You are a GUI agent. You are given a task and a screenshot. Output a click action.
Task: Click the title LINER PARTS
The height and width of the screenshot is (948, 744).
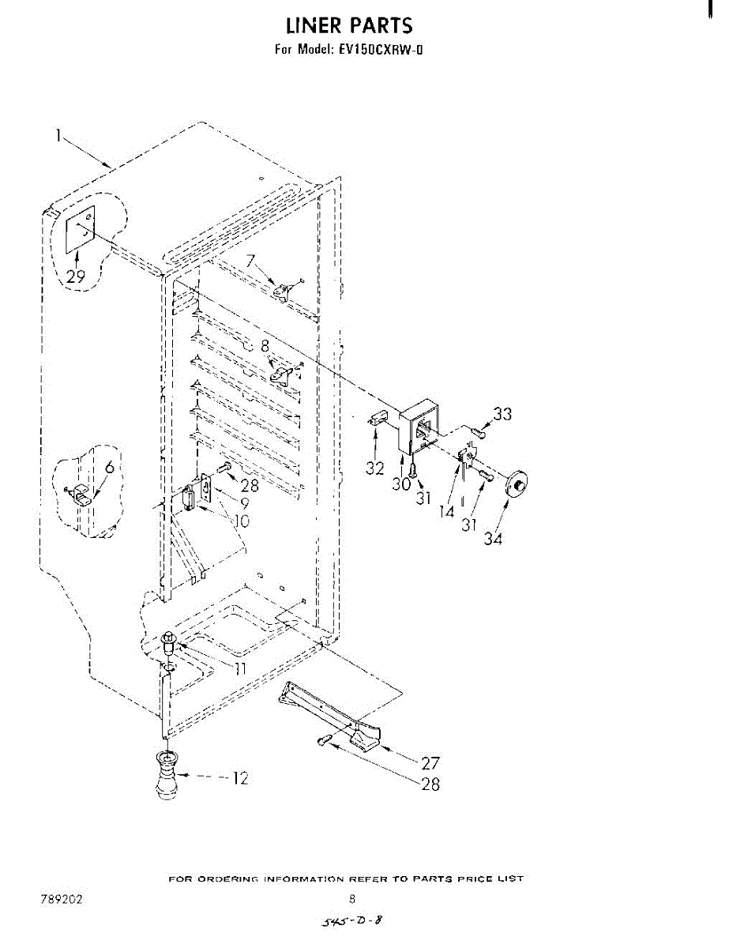pyautogui.click(x=349, y=25)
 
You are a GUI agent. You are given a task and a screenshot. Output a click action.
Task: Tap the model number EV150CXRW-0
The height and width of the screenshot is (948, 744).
pyautogui.click(x=382, y=50)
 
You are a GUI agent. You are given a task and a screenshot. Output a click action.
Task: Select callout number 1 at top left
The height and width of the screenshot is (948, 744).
pyautogui.click(x=58, y=135)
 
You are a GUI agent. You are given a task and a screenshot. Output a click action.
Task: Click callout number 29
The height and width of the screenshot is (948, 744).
pyautogui.click(x=76, y=276)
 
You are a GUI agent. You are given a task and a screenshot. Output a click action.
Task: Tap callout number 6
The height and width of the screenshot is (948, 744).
pyautogui.click(x=109, y=467)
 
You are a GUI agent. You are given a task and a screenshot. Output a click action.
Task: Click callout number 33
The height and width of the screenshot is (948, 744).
pyautogui.click(x=502, y=413)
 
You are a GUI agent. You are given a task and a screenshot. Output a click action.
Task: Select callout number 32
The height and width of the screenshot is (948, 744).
pyautogui.click(x=374, y=468)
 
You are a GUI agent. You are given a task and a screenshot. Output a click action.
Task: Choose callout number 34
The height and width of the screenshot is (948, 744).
pyautogui.click(x=494, y=539)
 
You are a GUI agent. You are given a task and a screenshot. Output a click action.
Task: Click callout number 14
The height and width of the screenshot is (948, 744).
pyautogui.click(x=447, y=510)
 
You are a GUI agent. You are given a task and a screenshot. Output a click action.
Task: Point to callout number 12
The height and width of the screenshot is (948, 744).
pyautogui.click(x=239, y=778)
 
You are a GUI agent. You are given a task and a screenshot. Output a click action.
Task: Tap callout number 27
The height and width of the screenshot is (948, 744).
pyautogui.click(x=430, y=763)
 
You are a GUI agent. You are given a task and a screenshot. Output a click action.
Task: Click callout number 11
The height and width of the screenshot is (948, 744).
pyautogui.click(x=239, y=668)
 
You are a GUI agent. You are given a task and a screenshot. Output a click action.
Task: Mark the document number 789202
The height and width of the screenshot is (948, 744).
pyautogui.click(x=62, y=899)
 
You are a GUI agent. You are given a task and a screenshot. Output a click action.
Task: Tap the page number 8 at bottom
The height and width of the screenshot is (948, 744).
pyautogui.click(x=352, y=898)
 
